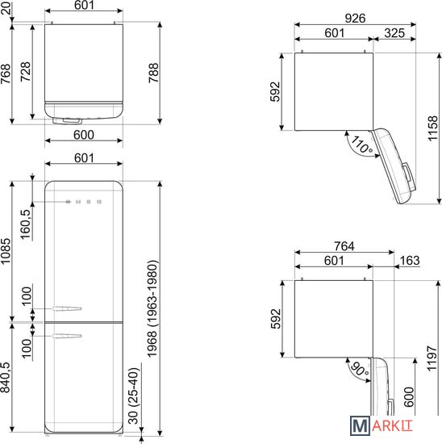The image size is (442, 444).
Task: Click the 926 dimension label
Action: [355, 19]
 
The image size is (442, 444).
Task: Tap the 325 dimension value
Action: [394, 33]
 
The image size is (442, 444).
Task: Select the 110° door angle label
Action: [361, 145]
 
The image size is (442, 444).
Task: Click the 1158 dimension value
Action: [432, 128]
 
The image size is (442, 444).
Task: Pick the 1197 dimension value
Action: [432, 358]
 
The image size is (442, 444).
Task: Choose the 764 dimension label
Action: [344, 246]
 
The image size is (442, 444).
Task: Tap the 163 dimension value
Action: [410, 261]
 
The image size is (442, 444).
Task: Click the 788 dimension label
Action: [154, 73]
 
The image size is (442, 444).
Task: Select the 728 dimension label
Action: [26, 72]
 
